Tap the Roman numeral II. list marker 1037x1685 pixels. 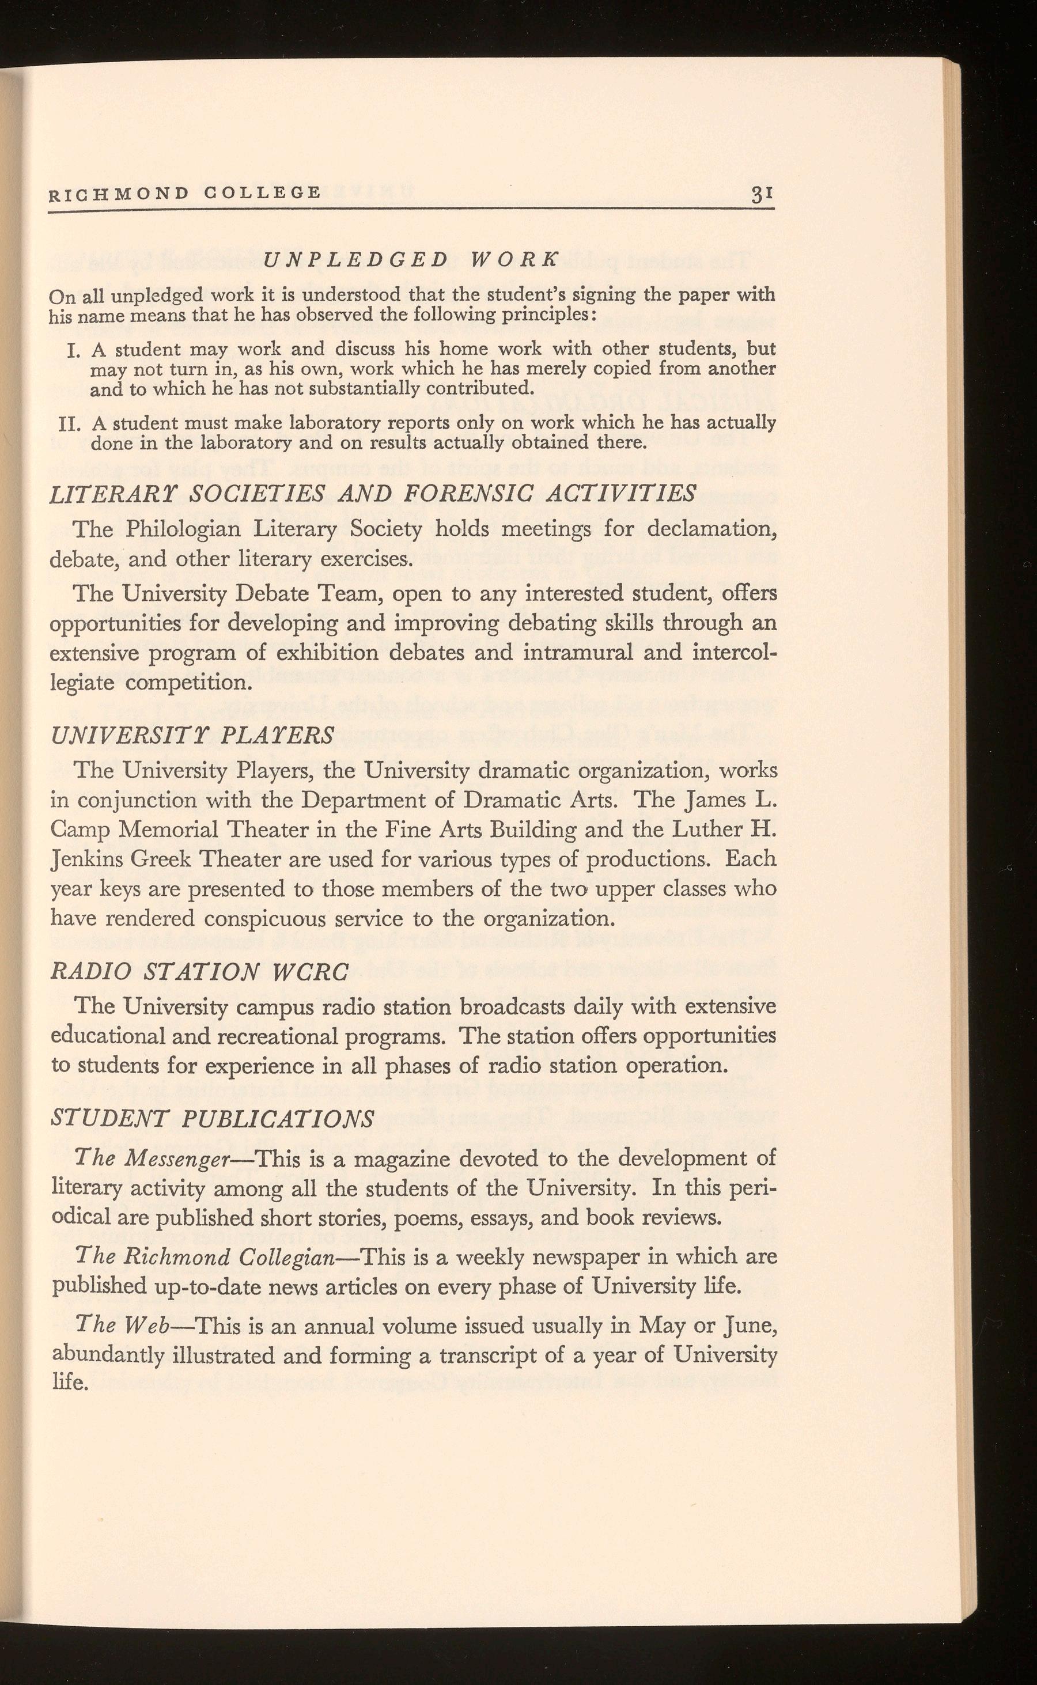[71, 424]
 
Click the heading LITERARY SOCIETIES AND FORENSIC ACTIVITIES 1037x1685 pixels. [373, 493]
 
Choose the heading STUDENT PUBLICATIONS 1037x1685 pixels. [213, 1119]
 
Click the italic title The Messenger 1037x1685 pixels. [161, 1158]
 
